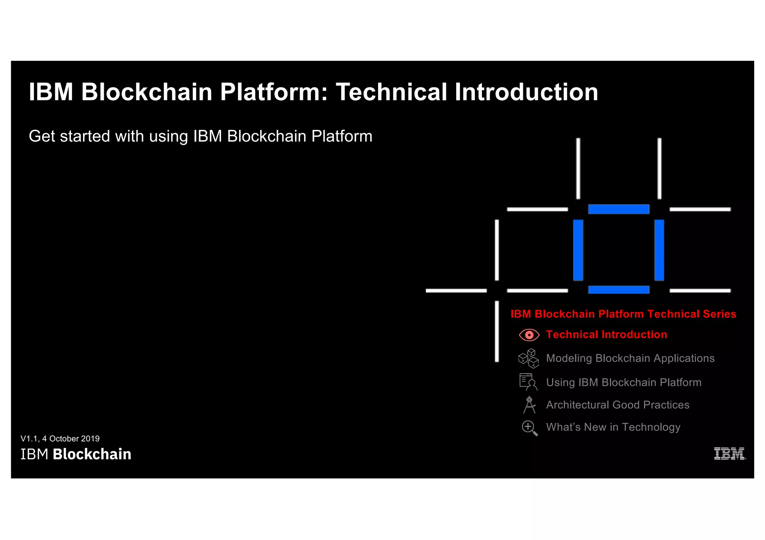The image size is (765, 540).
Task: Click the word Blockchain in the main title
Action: [146, 92]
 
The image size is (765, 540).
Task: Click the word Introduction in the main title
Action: [526, 92]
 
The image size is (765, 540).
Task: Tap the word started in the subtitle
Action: [85, 136]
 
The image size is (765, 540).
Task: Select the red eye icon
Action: [529, 335]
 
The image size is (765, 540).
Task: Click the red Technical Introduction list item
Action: [606, 334]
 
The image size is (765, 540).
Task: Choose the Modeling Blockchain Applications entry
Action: [630, 358]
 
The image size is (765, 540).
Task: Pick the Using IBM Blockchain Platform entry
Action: [623, 383]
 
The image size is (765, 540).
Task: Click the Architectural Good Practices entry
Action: [617, 405]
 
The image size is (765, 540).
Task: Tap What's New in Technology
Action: [613, 427]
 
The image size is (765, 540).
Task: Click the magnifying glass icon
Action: [529, 428]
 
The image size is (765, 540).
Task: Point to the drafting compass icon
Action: [529, 405]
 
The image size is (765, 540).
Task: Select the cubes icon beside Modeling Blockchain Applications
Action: [529, 358]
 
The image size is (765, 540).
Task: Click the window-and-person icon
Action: [528, 382]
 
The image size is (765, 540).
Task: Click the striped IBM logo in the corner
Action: [729, 453]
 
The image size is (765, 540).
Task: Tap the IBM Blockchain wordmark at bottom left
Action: [76, 454]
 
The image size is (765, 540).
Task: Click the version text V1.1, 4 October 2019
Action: [60, 438]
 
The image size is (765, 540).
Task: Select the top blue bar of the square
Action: [619, 209]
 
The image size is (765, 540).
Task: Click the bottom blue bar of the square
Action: [619, 290]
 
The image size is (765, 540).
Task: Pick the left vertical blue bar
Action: [578, 250]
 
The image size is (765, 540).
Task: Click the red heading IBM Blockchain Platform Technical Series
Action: [623, 314]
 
